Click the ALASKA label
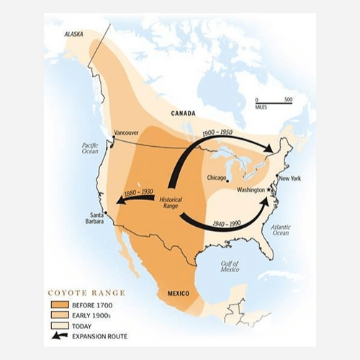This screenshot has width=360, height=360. [74, 34]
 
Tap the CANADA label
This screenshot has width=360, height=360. [184, 114]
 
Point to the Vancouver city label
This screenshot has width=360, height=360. [127, 132]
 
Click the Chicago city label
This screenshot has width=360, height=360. [215, 177]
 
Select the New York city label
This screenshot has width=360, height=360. [289, 178]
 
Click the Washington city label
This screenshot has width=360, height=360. [251, 189]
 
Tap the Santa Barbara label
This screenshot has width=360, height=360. [96, 218]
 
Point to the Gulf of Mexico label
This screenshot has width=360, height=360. [230, 266]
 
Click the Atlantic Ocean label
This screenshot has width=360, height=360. [281, 229]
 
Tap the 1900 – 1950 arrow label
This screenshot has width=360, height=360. [217, 134]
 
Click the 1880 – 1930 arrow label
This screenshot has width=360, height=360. [138, 192]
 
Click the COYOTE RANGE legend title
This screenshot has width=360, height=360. [86, 293]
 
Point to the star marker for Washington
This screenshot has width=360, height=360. [269, 189]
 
